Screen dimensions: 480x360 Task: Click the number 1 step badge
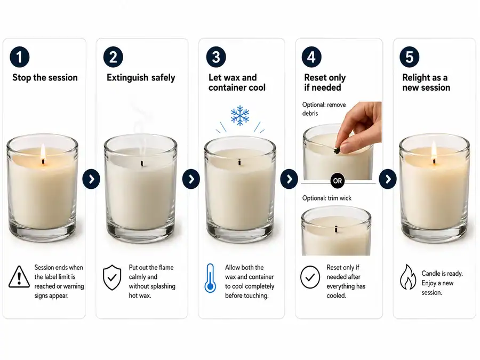pos(20,57)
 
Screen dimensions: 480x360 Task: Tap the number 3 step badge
pos(216,57)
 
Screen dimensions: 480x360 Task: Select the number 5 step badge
pos(410,57)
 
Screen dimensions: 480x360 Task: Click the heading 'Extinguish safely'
pos(141,78)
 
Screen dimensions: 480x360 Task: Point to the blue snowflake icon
pos(240,116)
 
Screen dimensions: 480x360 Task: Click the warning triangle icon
pos(19,277)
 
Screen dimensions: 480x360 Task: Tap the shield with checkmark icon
pos(113,277)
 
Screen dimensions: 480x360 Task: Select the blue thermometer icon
pos(210,278)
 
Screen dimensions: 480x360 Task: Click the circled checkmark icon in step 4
pos(310,277)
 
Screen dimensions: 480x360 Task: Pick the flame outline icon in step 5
pos(408,277)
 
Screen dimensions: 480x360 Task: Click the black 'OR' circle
pos(338,181)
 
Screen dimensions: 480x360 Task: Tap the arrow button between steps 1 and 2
pos(91,179)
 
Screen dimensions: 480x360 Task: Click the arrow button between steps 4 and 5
pos(388,179)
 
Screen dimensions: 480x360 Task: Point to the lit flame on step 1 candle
pos(43,152)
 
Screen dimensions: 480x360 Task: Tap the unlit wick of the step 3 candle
pos(239,162)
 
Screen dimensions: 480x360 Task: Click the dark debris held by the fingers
pos(337,150)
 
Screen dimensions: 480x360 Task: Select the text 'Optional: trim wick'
pos(327,198)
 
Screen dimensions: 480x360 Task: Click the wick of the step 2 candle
pos(142,164)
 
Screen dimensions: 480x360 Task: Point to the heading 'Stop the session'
pos(45,77)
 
